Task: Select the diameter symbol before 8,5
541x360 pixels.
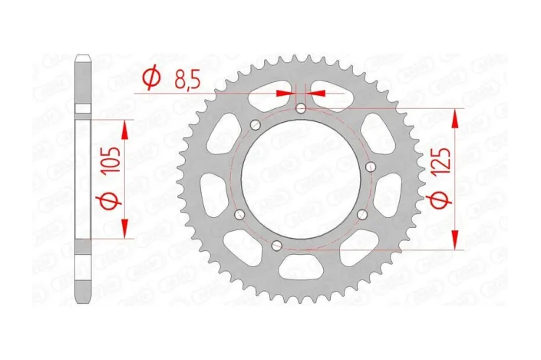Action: (x=151, y=77)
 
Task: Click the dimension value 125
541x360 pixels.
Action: (x=440, y=163)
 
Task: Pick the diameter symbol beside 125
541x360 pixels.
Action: (x=440, y=201)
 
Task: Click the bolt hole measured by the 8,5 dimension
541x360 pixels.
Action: (x=301, y=108)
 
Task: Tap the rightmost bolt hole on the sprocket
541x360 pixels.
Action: (x=371, y=167)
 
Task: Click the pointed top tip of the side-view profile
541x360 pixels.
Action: (x=83, y=57)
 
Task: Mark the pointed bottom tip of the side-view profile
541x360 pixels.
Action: (x=83, y=300)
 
